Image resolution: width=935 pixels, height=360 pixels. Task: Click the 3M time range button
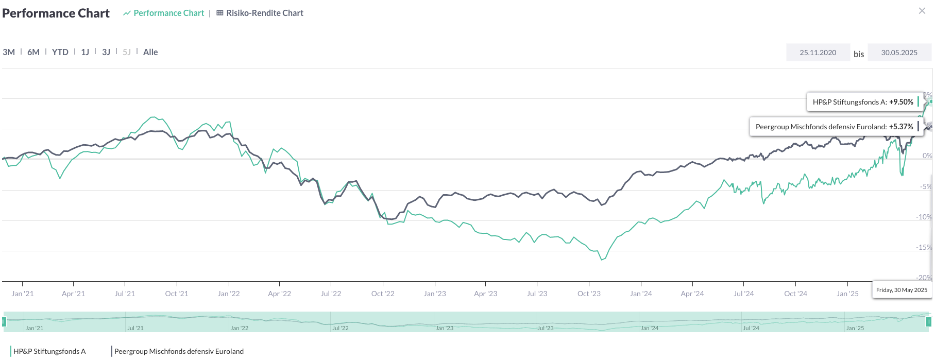(x=9, y=52)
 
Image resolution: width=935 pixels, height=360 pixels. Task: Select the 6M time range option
(x=33, y=52)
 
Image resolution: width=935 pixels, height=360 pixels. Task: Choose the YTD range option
(x=60, y=52)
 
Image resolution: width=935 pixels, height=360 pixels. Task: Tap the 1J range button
(x=85, y=52)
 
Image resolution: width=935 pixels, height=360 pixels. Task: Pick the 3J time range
(x=106, y=52)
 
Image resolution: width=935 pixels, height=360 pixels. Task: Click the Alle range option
(x=150, y=52)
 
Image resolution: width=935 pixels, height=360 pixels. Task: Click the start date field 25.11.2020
(x=818, y=53)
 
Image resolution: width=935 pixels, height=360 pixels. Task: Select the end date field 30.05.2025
(x=899, y=53)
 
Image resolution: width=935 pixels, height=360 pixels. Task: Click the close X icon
(x=922, y=11)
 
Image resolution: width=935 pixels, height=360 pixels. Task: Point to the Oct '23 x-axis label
(x=589, y=294)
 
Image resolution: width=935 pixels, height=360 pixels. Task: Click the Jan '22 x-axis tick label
(x=229, y=294)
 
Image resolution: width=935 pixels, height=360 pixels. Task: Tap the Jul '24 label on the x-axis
(x=743, y=294)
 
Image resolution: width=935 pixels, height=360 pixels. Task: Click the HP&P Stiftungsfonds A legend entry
(x=49, y=351)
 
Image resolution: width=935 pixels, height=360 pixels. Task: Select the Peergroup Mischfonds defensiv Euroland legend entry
(x=179, y=351)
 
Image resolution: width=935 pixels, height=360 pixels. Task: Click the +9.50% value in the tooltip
(x=901, y=102)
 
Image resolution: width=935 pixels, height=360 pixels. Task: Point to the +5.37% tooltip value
(x=901, y=127)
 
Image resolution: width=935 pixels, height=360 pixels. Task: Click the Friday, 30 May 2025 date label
(x=902, y=290)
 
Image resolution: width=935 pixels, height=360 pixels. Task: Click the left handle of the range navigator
(x=4, y=322)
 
